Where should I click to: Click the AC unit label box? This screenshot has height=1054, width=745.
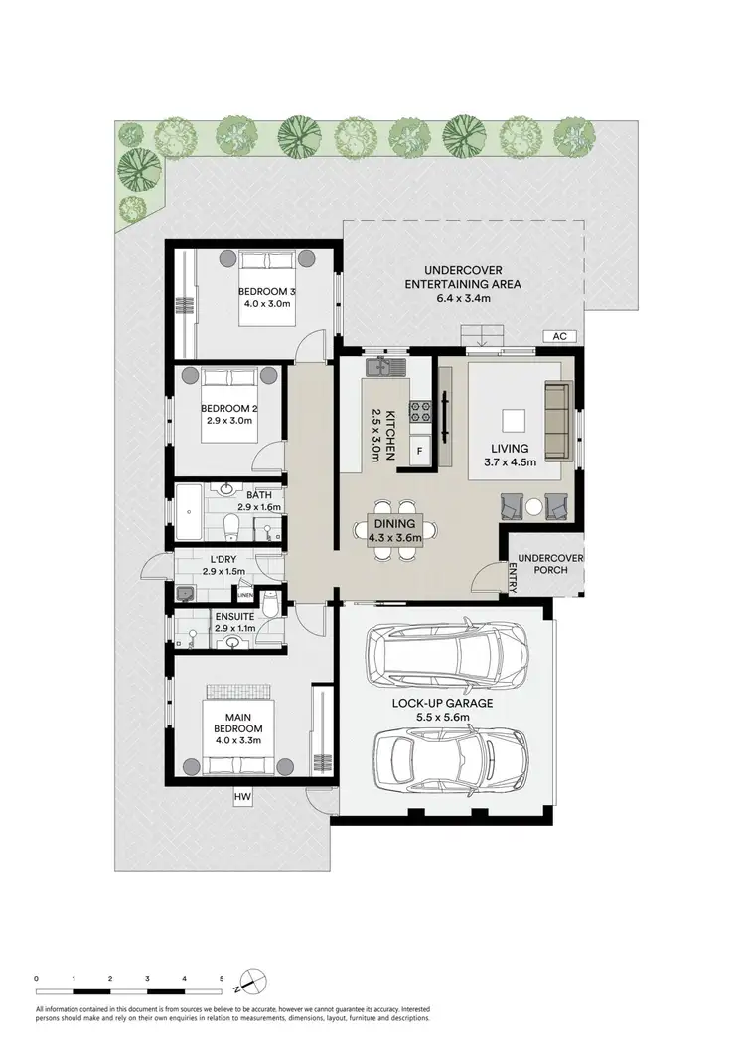[x=559, y=336]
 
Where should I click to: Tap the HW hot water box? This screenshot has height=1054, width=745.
[x=241, y=796]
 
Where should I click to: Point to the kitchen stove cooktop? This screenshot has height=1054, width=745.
[x=420, y=406]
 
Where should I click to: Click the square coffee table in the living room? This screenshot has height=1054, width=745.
[x=515, y=421]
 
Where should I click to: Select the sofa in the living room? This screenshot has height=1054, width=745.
[x=558, y=423]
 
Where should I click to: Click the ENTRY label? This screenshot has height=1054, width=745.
[x=513, y=578]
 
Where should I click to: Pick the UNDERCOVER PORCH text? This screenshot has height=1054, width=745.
[x=547, y=565]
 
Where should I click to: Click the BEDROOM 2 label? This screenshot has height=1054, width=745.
[x=229, y=408]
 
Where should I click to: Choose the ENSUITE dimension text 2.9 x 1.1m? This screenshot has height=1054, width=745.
[x=235, y=629]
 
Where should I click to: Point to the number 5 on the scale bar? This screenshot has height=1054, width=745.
[x=222, y=978]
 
